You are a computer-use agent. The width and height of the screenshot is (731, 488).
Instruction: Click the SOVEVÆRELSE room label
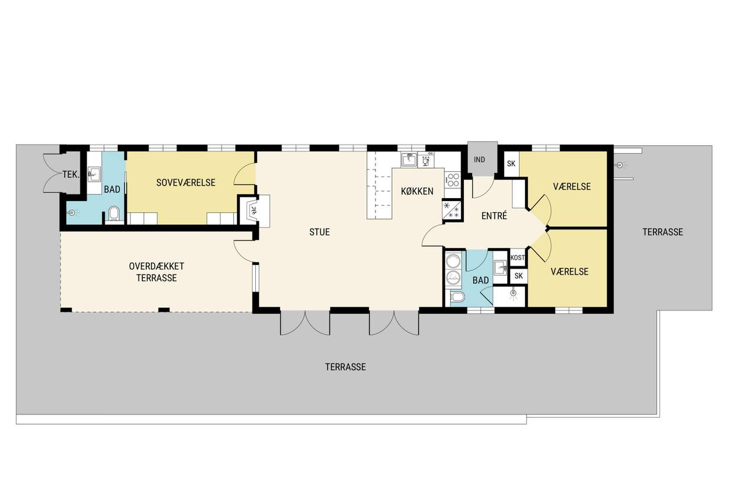185,183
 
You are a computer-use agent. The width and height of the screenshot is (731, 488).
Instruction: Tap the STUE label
319,232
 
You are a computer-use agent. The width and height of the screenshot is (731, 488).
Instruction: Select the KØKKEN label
417,191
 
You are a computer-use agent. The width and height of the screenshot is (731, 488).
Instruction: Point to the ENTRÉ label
494,216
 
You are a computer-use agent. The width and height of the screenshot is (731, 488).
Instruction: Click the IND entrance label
479,160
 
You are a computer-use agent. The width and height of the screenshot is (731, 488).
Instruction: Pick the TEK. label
71,175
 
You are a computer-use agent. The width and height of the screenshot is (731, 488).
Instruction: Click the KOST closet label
518,258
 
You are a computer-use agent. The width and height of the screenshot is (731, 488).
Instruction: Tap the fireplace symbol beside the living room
253,210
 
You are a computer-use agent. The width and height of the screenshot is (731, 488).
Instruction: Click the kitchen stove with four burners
453,180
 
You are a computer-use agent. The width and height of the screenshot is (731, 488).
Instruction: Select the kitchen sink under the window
409,160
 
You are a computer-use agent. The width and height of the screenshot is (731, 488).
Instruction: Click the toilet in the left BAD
113,213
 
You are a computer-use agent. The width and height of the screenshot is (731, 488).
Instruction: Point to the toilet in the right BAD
457,296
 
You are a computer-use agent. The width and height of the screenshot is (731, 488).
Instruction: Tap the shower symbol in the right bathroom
514,294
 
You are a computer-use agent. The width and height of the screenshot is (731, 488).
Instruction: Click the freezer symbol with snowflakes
451,210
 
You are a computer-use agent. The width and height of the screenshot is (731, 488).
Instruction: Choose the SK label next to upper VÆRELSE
511,164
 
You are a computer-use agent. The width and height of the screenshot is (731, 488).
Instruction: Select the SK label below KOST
518,276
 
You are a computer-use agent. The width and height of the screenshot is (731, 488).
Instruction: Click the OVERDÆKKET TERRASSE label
156,272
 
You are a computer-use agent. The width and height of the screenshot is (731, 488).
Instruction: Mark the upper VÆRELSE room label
572,187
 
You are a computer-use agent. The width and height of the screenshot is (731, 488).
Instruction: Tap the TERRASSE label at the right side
663,232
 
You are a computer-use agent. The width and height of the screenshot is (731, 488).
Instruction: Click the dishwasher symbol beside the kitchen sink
426,160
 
